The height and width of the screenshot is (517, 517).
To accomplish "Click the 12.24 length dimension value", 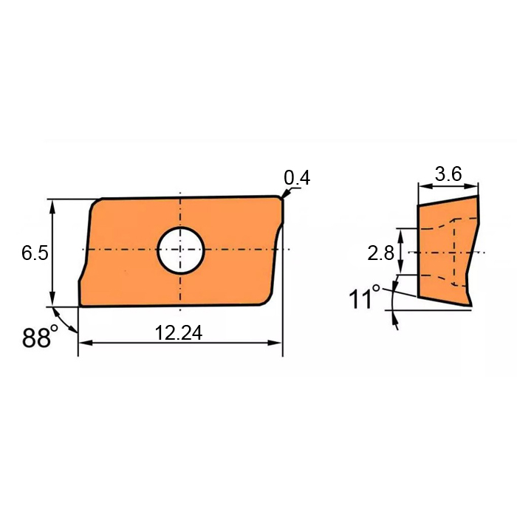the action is click(x=179, y=332).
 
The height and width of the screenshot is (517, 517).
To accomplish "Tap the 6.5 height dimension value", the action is click(x=35, y=253).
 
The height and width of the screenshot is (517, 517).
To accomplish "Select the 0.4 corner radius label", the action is click(x=297, y=178).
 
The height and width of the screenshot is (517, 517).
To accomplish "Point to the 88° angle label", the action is click(x=40, y=337).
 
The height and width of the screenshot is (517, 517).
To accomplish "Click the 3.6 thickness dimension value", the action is click(x=448, y=174).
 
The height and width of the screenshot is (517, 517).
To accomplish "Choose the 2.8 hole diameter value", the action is click(x=380, y=253).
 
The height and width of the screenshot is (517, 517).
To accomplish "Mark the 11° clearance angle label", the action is click(x=364, y=298).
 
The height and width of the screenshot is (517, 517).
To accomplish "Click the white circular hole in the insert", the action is click(x=181, y=250).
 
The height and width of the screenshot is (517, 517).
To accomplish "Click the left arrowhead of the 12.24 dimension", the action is click(x=85, y=343).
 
